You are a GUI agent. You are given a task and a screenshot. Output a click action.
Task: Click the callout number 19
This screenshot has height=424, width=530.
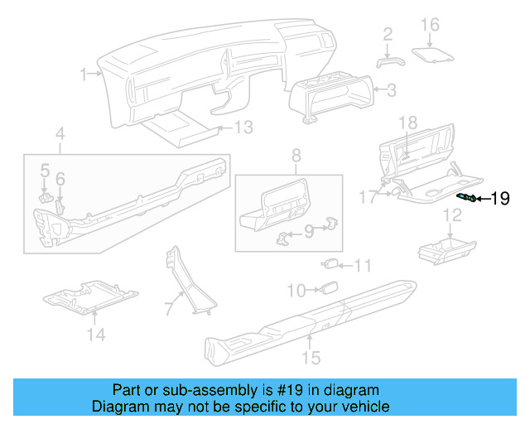[x=501, y=198]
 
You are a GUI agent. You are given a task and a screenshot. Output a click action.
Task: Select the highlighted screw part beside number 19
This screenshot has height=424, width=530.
[x=467, y=197]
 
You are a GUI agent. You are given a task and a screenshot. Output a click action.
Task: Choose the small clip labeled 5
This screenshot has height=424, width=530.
[x=46, y=196]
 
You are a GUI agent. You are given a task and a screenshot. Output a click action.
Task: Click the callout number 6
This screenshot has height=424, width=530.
[x=60, y=179]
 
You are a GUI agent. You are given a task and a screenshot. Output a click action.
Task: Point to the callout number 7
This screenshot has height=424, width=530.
[x=169, y=309]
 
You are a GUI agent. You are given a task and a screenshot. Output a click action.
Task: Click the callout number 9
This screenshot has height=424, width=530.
[x=308, y=233]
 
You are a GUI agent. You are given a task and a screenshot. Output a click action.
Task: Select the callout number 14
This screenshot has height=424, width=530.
[x=97, y=335]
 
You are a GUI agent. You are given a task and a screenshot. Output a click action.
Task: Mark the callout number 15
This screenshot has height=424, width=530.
[x=311, y=358]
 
